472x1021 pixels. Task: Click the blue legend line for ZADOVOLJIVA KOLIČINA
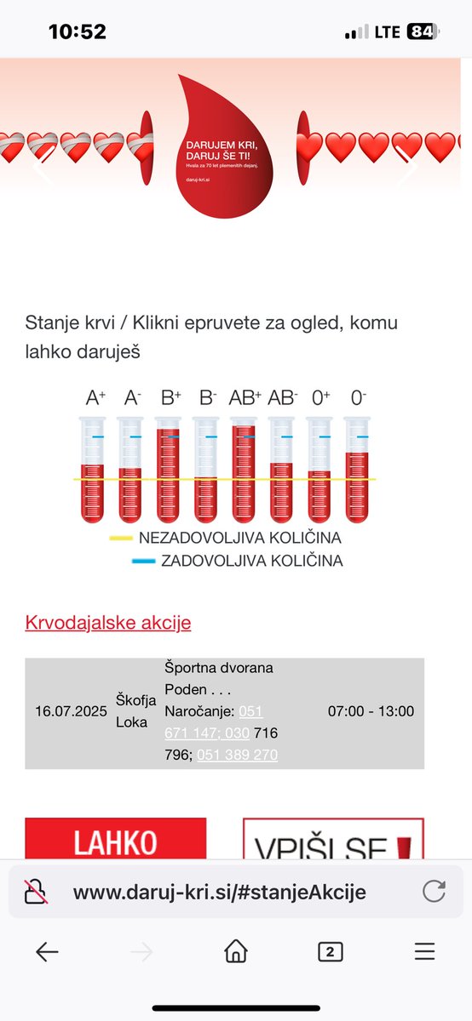click(143, 562)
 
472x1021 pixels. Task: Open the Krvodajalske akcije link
click(108, 623)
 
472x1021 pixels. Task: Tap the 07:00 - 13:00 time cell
click(371, 711)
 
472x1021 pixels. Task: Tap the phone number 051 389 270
click(237, 756)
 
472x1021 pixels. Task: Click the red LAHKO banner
click(115, 841)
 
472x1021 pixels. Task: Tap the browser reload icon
click(435, 892)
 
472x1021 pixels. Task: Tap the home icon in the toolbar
click(236, 951)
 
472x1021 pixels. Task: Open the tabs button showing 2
click(330, 951)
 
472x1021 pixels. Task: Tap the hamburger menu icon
click(424, 951)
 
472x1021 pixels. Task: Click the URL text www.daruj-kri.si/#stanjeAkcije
click(220, 892)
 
